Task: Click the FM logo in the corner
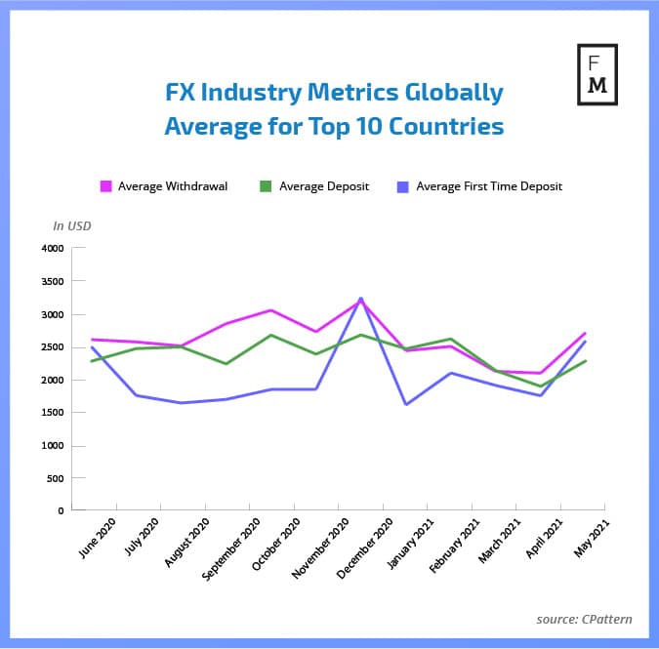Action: (x=597, y=74)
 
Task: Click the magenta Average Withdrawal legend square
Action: (x=106, y=185)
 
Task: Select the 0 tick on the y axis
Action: (x=60, y=510)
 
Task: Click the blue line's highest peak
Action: (x=361, y=299)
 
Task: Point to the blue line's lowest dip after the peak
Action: (x=405, y=404)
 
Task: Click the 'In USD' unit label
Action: (x=71, y=226)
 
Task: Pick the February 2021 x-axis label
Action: (x=450, y=547)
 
